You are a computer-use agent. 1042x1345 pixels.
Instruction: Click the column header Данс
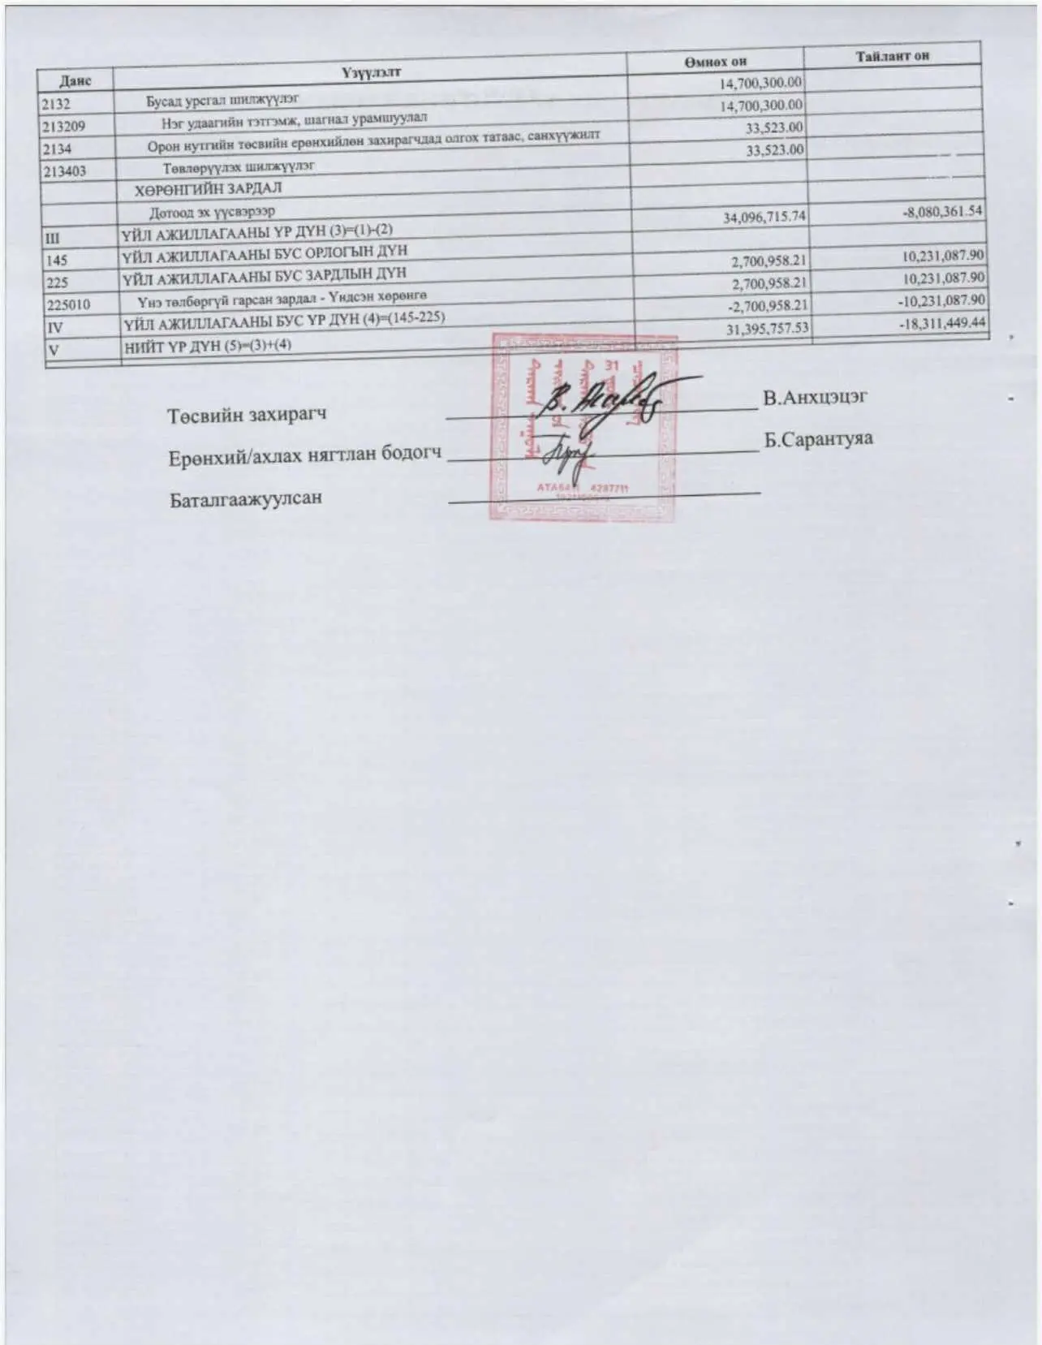tap(75, 80)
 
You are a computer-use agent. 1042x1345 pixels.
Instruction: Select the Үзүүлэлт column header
tap(371, 72)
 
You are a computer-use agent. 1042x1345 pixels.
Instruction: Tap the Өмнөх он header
tap(714, 62)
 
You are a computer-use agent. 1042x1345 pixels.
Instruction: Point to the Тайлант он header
tap(892, 56)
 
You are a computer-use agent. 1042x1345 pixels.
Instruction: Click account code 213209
tap(66, 127)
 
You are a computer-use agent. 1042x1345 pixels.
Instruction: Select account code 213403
tap(66, 171)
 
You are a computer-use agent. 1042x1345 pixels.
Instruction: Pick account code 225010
tap(69, 304)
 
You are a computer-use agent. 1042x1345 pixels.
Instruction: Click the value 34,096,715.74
tap(763, 218)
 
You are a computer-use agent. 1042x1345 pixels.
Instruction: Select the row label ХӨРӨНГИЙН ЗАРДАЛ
tap(208, 188)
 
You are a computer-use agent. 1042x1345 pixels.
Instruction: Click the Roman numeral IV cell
tap(57, 327)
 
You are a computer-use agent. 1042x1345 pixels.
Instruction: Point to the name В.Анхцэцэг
tap(815, 398)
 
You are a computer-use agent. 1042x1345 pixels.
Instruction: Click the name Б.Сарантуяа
tap(818, 439)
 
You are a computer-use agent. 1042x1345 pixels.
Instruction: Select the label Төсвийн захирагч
tap(247, 416)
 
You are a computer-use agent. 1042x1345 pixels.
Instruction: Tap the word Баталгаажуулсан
tap(246, 498)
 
